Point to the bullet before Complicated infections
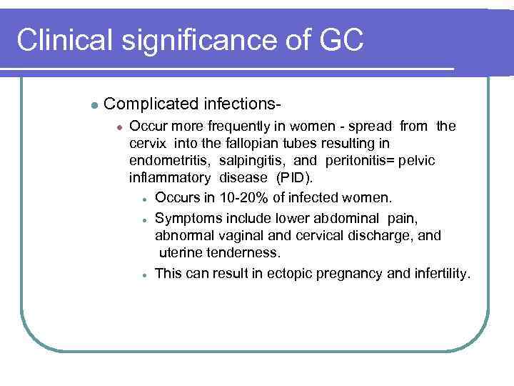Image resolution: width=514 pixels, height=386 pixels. [x=94, y=104]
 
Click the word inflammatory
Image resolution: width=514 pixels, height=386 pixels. [x=170, y=178]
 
